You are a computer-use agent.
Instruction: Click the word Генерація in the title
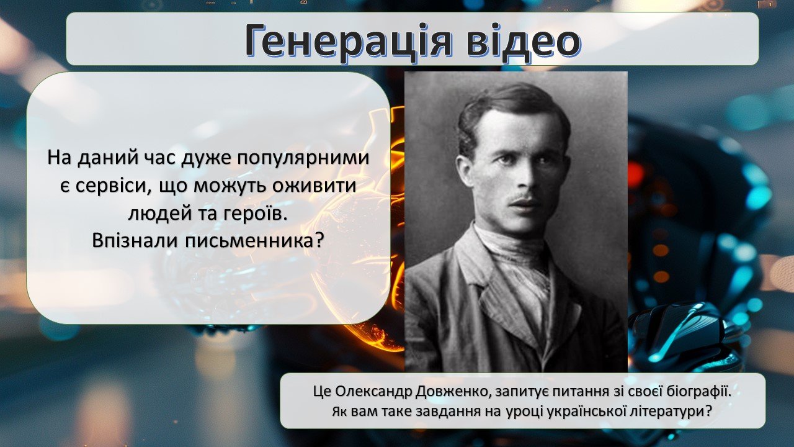click(x=348, y=42)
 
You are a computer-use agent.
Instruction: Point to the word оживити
click(x=314, y=186)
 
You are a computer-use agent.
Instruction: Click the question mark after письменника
click(x=319, y=241)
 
